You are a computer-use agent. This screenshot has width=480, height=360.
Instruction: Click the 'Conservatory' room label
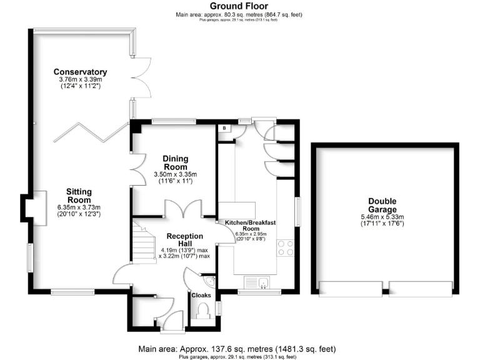click(x=80, y=72)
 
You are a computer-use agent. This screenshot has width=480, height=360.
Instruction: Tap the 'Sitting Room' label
click(x=79, y=196)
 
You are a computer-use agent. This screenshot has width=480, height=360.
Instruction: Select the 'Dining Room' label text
click(x=176, y=163)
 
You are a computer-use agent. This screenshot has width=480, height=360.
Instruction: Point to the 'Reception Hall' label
click(x=184, y=240)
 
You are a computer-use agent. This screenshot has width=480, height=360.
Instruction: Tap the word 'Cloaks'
click(x=201, y=294)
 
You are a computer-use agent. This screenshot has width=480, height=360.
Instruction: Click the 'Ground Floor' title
click(x=239, y=6)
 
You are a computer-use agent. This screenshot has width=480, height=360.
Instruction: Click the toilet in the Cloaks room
click(x=202, y=311)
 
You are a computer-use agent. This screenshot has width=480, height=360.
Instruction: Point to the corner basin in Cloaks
click(x=211, y=281)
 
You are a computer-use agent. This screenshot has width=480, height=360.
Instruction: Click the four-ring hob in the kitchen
click(x=286, y=248)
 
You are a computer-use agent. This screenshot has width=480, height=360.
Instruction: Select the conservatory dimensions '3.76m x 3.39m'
click(x=80, y=79)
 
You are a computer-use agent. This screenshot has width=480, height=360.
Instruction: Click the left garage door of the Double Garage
click(x=349, y=289)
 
